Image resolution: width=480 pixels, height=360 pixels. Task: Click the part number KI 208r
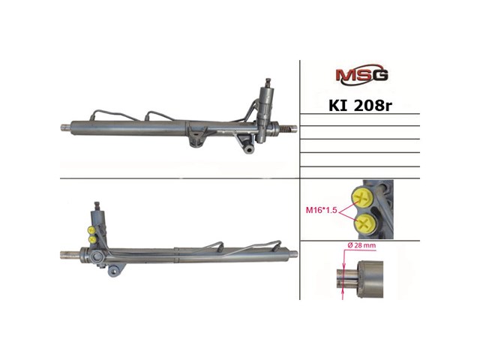[360, 106]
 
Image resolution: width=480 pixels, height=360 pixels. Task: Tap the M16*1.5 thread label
[322, 210]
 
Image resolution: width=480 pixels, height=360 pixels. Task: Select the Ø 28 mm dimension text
[361, 245]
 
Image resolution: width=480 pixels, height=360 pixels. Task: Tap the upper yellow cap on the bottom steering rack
[91, 229]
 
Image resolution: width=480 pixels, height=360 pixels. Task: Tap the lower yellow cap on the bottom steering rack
[91, 238]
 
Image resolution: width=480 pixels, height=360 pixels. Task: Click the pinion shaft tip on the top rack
[268, 82]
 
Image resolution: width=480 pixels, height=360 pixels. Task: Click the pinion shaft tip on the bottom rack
[97, 205]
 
